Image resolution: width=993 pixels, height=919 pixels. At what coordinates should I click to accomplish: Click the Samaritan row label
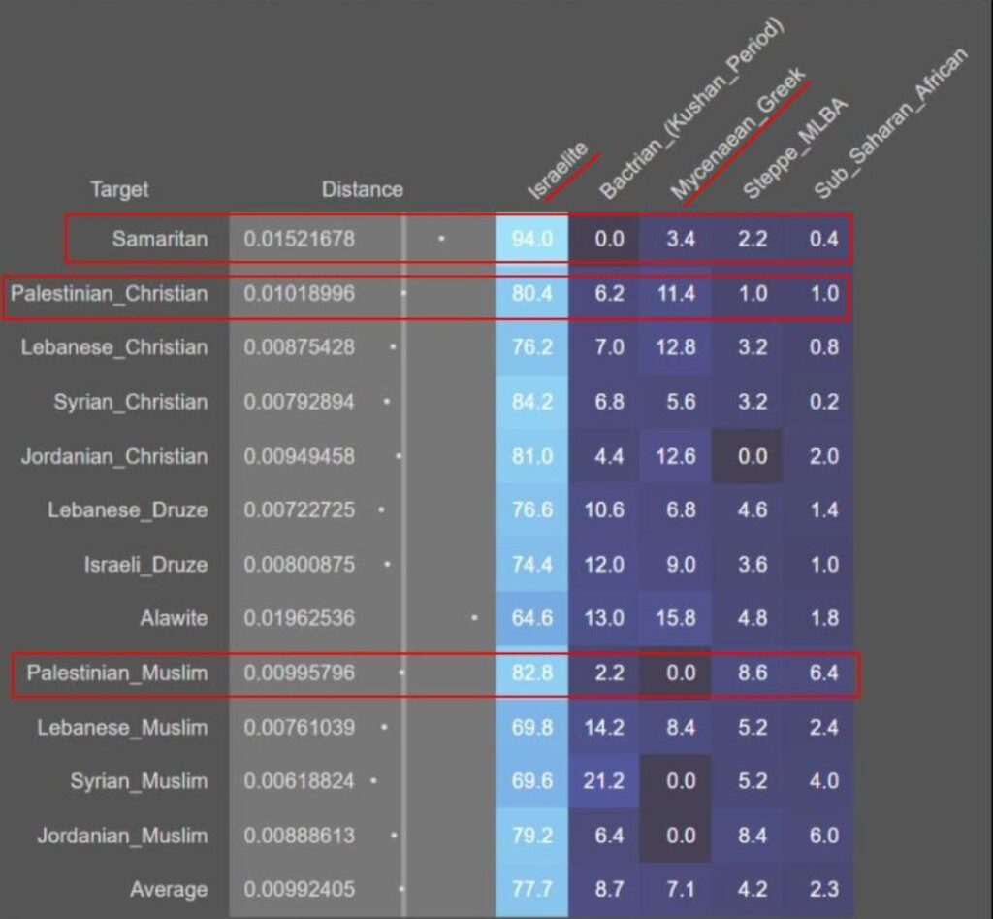click(160, 239)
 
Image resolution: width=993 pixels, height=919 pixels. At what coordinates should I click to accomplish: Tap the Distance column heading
click(362, 189)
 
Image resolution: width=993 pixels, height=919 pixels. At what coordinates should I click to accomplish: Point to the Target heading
click(119, 189)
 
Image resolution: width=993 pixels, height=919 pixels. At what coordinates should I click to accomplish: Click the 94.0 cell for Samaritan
click(531, 239)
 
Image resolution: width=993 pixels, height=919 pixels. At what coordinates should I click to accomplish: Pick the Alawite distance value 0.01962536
click(300, 618)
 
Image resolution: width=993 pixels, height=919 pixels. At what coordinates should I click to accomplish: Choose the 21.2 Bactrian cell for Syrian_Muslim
click(603, 781)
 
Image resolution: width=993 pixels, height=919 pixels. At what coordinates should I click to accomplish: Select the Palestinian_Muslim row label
click(117, 673)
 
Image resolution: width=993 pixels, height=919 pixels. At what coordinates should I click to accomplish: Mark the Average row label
click(169, 889)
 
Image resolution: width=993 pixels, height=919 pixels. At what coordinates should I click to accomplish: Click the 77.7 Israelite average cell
click(531, 889)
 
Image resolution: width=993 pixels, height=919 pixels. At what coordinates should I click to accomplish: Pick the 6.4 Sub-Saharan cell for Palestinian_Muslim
click(823, 673)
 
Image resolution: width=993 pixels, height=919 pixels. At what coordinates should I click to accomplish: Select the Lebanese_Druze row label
click(128, 509)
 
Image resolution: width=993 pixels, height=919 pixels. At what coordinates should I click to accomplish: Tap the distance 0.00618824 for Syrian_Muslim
click(300, 781)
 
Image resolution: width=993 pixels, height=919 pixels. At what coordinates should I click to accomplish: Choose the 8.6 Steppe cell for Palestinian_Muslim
click(752, 673)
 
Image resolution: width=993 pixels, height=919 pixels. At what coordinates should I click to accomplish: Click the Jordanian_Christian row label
click(114, 456)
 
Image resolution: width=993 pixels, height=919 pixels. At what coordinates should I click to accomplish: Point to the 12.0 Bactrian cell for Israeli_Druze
click(603, 564)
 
